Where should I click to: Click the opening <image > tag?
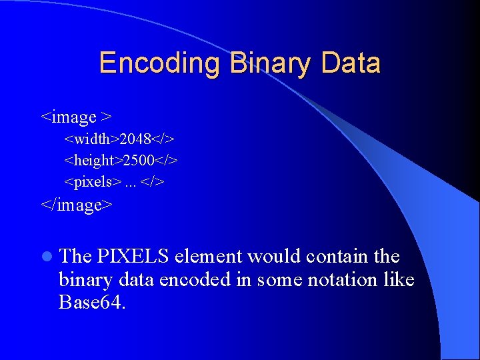[76, 117]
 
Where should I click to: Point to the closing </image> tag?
[77, 204]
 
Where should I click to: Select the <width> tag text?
[92, 139]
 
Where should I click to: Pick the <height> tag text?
[93, 161]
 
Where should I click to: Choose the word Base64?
[91, 303]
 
